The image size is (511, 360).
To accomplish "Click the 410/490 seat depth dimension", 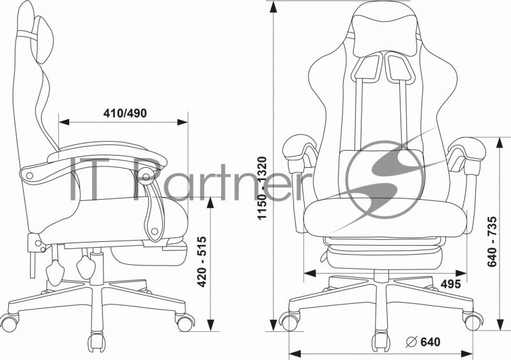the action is coord(125,113).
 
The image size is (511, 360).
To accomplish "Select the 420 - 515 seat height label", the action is coord(202,262).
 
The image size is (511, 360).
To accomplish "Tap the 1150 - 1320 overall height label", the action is coord(262,188).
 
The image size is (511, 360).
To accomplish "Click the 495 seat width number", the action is coord(451,284).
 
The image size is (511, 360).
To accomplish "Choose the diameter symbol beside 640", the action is coord(411,341).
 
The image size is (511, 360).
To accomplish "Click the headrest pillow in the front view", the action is coord(385,35).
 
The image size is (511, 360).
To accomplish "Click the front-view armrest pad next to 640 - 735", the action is coord(467,149).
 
